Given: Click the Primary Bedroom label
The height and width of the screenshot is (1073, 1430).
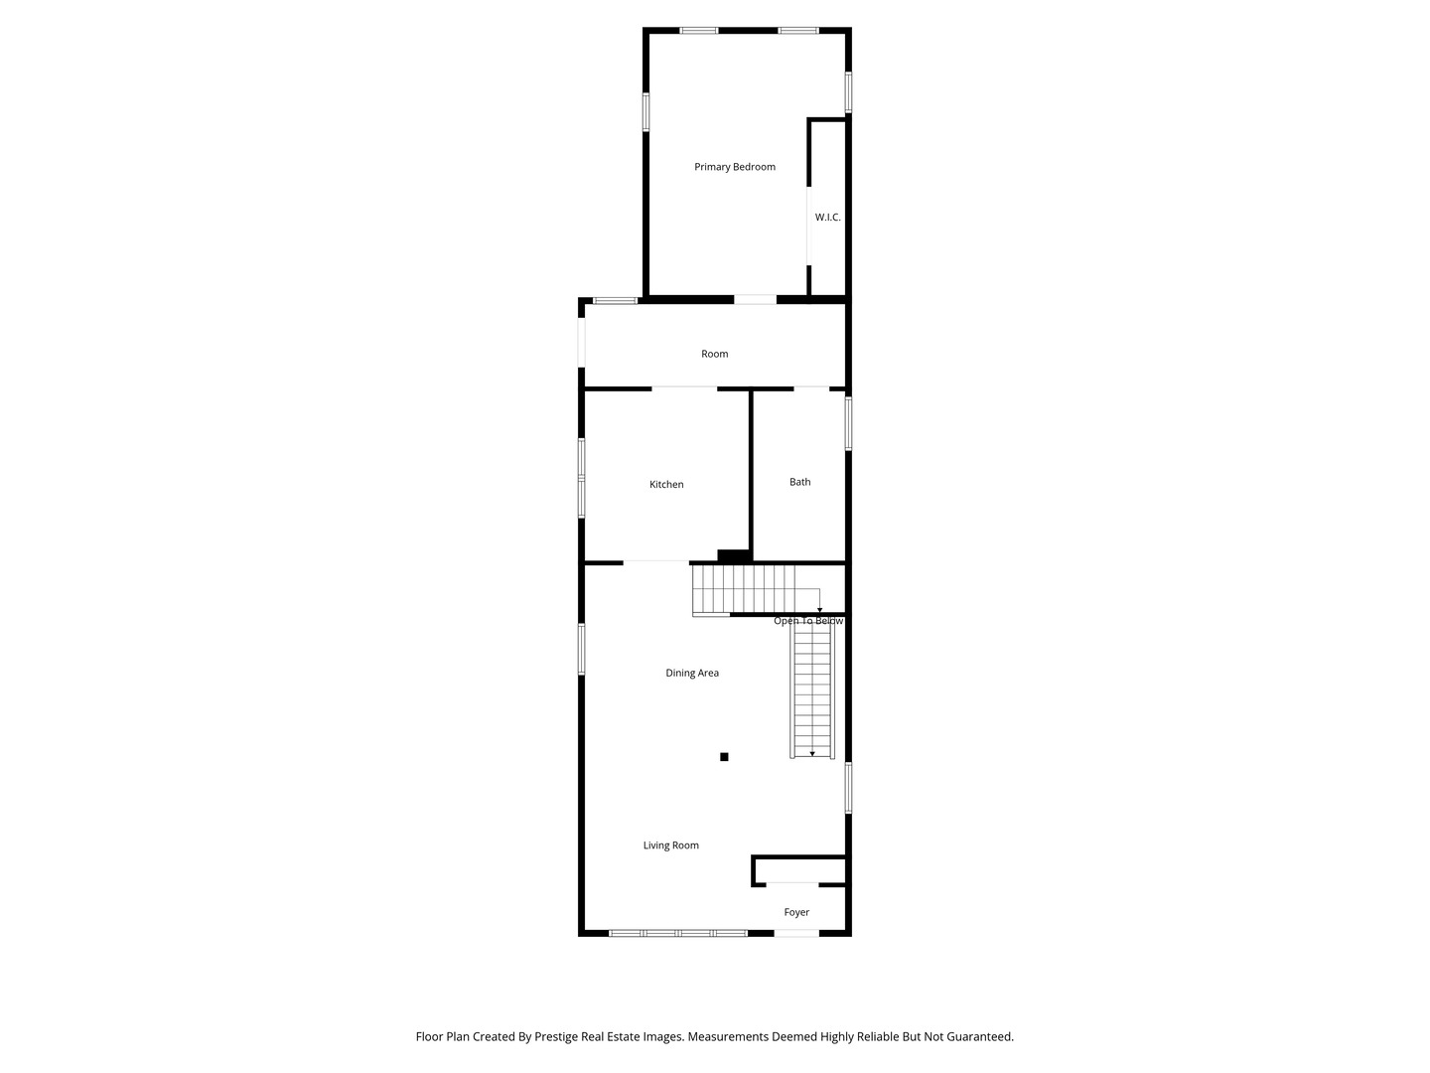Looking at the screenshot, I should [x=734, y=167].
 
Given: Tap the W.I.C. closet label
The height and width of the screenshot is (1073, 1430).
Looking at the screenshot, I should [x=827, y=217].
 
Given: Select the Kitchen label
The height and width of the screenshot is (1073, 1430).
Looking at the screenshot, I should [x=666, y=485].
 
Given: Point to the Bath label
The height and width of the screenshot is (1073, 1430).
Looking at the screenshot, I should [x=799, y=482].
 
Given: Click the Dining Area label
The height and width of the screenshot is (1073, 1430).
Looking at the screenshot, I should [x=692, y=674].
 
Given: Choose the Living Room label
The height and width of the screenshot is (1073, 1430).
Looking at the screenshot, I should [x=670, y=845].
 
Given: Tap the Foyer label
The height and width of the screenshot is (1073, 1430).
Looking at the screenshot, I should [x=796, y=912].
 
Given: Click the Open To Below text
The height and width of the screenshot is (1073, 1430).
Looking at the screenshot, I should [x=807, y=622].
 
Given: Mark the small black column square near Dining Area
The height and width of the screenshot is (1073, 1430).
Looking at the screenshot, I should [x=724, y=757].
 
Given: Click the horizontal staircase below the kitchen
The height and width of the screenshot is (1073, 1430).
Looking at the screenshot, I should [x=744, y=588].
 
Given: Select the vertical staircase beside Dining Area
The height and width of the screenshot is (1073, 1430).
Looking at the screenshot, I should [x=812, y=690].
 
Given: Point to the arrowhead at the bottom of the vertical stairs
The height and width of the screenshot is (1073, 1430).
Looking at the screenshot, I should [x=812, y=754].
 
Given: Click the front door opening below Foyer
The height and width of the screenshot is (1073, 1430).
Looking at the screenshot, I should [x=796, y=933].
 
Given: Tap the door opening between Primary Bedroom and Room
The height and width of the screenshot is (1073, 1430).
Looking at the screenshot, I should [x=755, y=299].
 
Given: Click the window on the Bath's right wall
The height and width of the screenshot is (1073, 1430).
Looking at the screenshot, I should [x=848, y=423].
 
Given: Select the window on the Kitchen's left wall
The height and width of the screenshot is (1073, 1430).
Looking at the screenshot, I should [x=582, y=479].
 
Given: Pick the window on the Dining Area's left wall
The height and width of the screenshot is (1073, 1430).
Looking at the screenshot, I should [x=582, y=649].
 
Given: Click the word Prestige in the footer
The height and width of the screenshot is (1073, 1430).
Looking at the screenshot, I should [x=557, y=1036].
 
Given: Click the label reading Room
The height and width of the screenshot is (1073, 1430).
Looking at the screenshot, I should [x=714, y=354].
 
